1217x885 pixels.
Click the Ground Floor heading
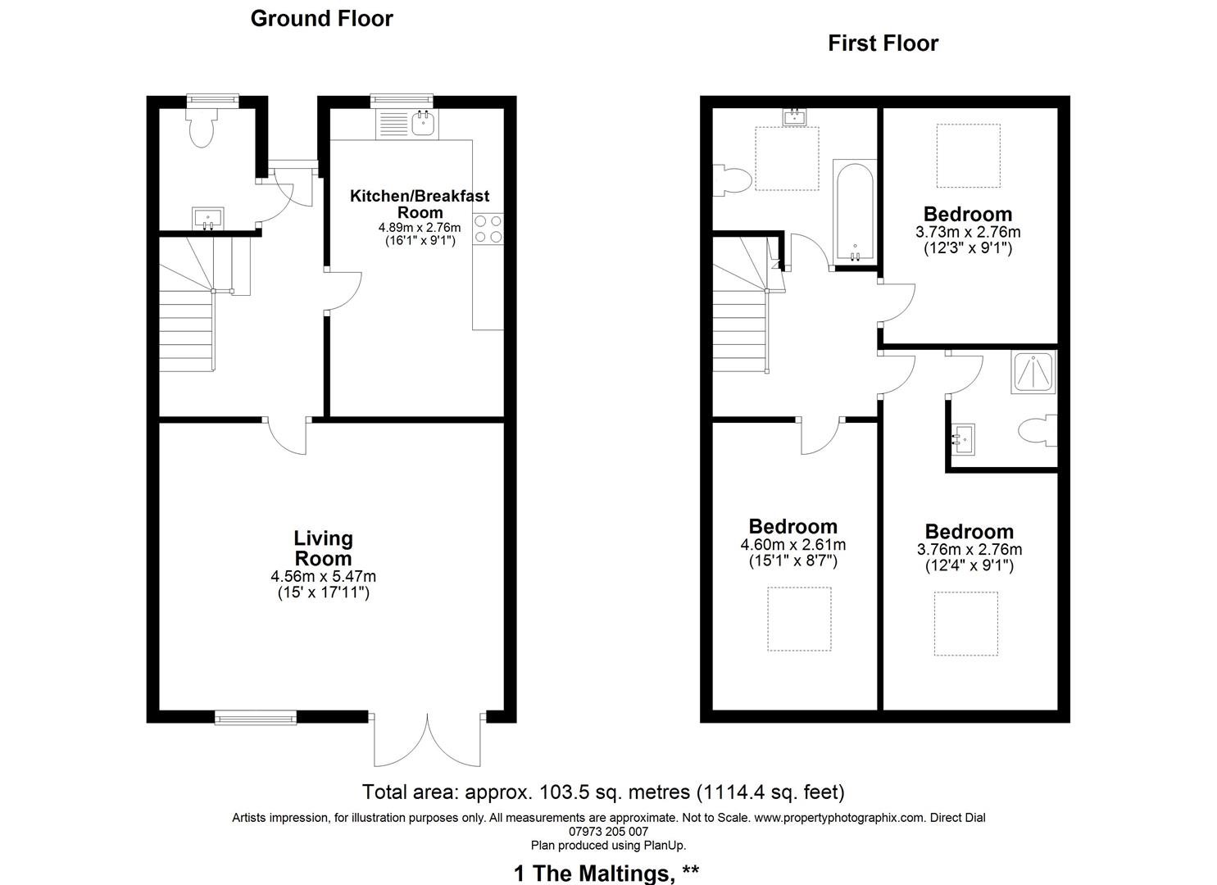pos(321,19)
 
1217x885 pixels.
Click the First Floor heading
pos(883,43)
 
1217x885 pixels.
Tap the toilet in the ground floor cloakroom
pos(201,129)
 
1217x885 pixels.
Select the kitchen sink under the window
pos(422,123)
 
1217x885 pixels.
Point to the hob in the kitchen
pos(488,229)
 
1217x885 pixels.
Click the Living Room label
pos(323,548)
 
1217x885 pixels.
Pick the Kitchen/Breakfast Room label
pos(420,203)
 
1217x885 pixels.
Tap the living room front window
pos(256,718)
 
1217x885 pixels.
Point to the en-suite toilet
pos(1037,431)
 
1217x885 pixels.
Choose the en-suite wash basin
pos(963,438)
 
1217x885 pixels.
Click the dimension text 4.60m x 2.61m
pos(792,545)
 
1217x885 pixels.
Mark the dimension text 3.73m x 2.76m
pos(968,232)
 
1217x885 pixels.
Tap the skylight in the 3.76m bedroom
pos(966,624)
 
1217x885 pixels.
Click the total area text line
pos(603,792)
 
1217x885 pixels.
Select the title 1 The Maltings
pos(606,874)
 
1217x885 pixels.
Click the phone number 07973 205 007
pos(608,832)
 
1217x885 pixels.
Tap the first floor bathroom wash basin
pos(794,117)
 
